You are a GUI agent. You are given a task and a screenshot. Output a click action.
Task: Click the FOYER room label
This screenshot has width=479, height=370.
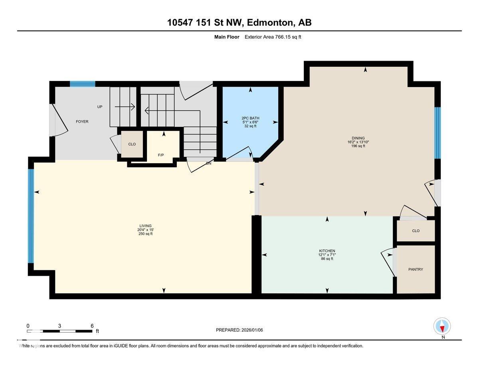point(82,121)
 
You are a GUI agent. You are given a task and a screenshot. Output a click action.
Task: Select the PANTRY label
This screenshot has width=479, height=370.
point(416,269)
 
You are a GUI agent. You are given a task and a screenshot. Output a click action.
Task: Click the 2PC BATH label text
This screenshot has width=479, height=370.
point(250,118)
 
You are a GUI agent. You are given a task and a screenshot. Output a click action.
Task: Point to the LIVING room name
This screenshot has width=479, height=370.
point(145,226)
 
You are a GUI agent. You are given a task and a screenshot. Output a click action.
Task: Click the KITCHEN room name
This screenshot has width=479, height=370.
point(327,251)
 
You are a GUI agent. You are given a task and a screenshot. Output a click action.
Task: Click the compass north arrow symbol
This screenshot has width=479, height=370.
point(442,326)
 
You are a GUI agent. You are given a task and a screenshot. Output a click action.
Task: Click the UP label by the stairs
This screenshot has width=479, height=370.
point(100,107)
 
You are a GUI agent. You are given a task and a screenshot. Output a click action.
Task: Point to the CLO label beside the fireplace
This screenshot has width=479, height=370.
point(132,144)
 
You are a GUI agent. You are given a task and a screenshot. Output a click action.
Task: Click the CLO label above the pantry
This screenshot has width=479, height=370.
point(416,231)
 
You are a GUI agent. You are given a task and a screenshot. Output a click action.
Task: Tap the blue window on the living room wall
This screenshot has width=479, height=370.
point(31,216)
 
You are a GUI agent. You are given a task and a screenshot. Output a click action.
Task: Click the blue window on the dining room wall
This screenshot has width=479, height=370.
point(437,133)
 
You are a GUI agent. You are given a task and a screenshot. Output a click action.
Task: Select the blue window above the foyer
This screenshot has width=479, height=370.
point(83,84)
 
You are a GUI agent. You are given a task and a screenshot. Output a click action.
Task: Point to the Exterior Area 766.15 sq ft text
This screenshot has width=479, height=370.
point(275,37)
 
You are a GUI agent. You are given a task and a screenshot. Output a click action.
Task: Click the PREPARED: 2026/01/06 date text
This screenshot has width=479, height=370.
point(239,330)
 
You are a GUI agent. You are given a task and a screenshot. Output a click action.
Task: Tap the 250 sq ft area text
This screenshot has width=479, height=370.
point(145,234)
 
